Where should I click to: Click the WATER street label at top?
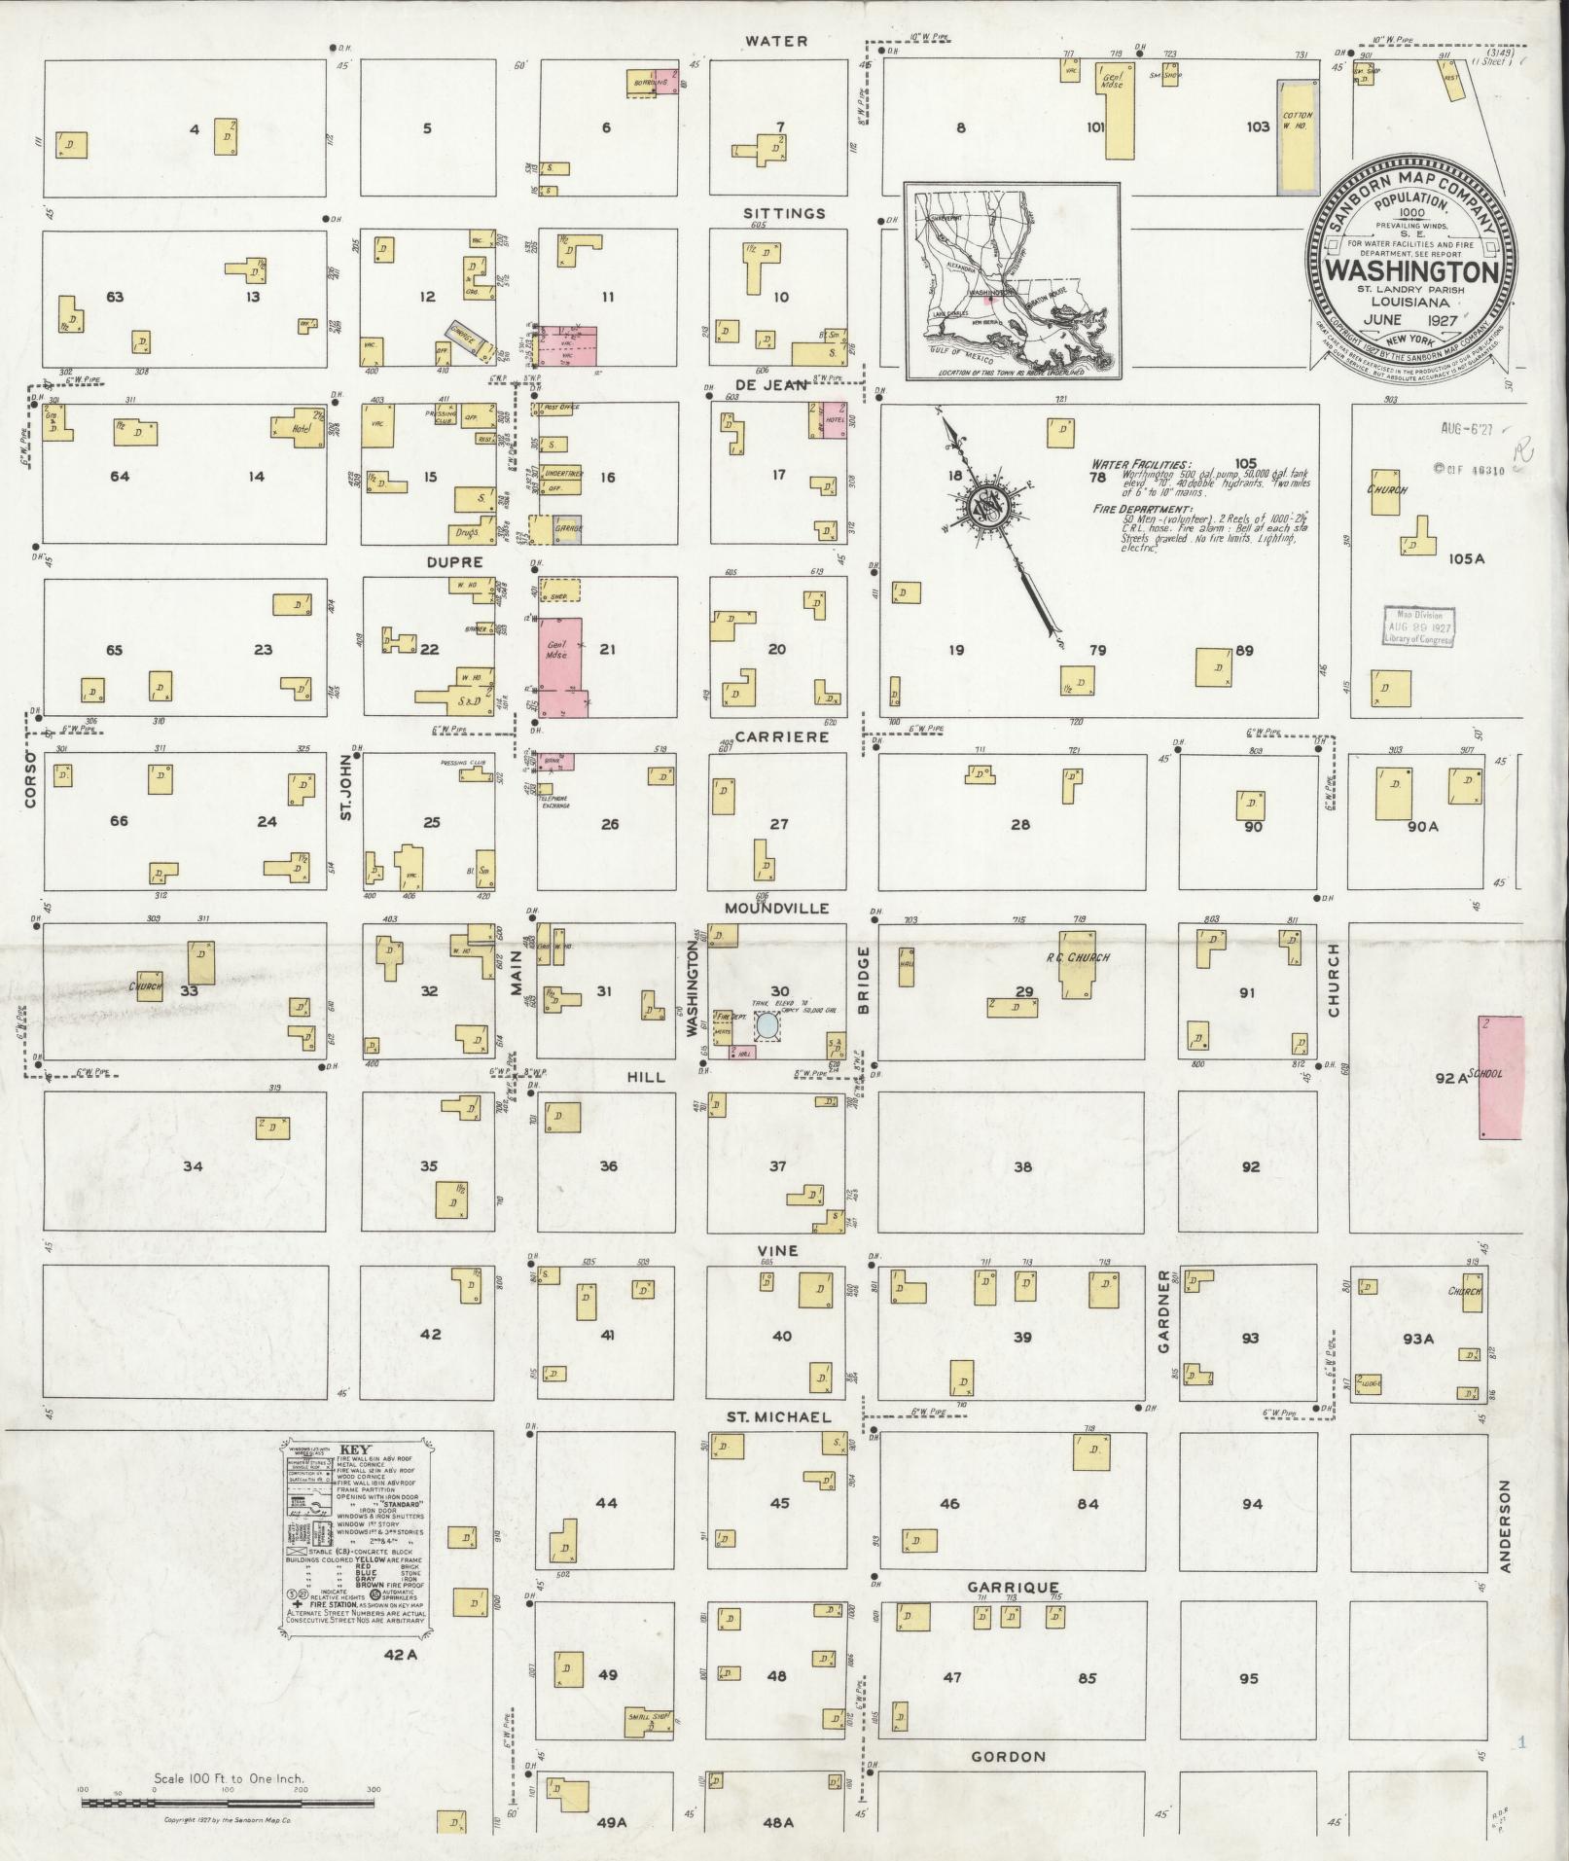(775, 41)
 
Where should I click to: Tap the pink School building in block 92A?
(1500, 1077)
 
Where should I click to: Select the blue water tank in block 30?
(767, 1024)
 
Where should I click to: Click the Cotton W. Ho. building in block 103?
(1295, 136)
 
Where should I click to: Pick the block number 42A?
(399, 1654)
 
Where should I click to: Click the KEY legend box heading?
(354, 1448)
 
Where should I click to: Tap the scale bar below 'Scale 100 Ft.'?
(228, 1803)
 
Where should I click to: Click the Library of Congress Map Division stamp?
(1420, 626)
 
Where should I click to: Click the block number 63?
(115, 297)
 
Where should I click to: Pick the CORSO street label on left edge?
(29, 778)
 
